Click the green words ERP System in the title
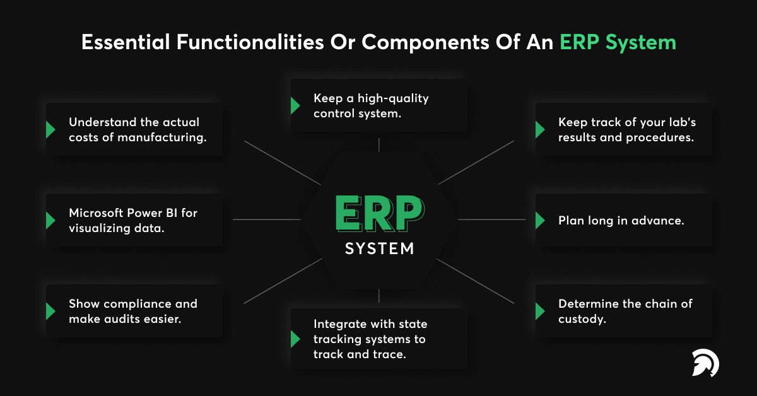point(618,42)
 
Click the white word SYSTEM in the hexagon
point(379,248)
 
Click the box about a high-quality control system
point(378,105)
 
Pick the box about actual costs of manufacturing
point(135,129)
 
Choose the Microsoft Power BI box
point(135,220)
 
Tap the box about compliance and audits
point(135,311)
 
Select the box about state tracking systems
point(378,339)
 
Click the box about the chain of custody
point(623,311)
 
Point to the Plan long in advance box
point(623,220)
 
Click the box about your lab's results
point(623,129)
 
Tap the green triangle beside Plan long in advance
point(540,221)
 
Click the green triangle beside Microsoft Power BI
point(50,221)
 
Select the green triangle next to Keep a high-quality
point(295,105)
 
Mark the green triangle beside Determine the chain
point(540,312)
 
